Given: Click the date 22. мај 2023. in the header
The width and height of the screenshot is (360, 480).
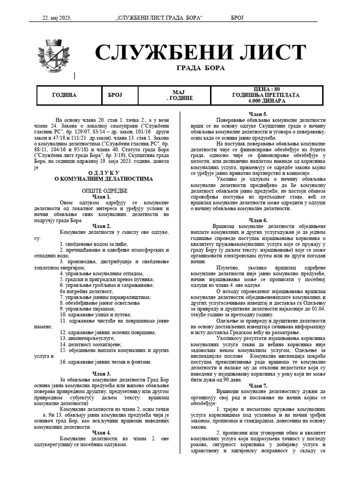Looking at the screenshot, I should point(57,18).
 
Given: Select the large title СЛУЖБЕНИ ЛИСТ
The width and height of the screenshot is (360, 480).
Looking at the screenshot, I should point(200,52).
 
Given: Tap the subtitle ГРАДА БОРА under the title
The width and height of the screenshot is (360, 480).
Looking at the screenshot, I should point(200,68).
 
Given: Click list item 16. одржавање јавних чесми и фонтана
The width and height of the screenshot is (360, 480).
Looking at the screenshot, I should point(105,362).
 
